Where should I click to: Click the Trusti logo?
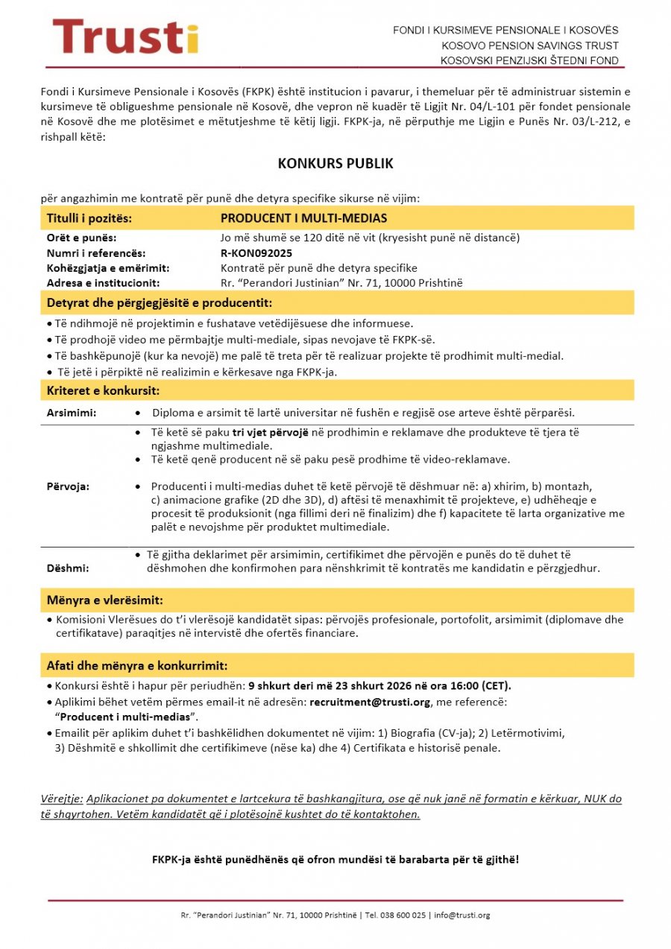pyautogui.click(x=125, y=37)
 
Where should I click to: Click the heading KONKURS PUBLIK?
pyautogui.click(x=335, y=163)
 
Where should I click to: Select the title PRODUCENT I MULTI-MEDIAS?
pyautogui.click(x=303, y=218)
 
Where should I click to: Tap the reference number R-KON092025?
pyautogui.click(x=251, y=253)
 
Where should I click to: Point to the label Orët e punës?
pyautogui.click(x=81, y=238)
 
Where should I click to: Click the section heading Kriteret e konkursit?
pyautogui.click(x=103, y=390)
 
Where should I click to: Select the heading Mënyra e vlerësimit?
pyautogui.click(x=104, y=600)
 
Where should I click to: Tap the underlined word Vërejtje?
pyautogui.click(x=62, y=799)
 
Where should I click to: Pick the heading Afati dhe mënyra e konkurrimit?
pyautogui.click(x=137, y=665)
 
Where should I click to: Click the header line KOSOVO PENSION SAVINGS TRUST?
pyautogui.click(x=529, y=45)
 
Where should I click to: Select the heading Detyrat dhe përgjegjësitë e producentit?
pyautogui.click(x=159, y=303)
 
